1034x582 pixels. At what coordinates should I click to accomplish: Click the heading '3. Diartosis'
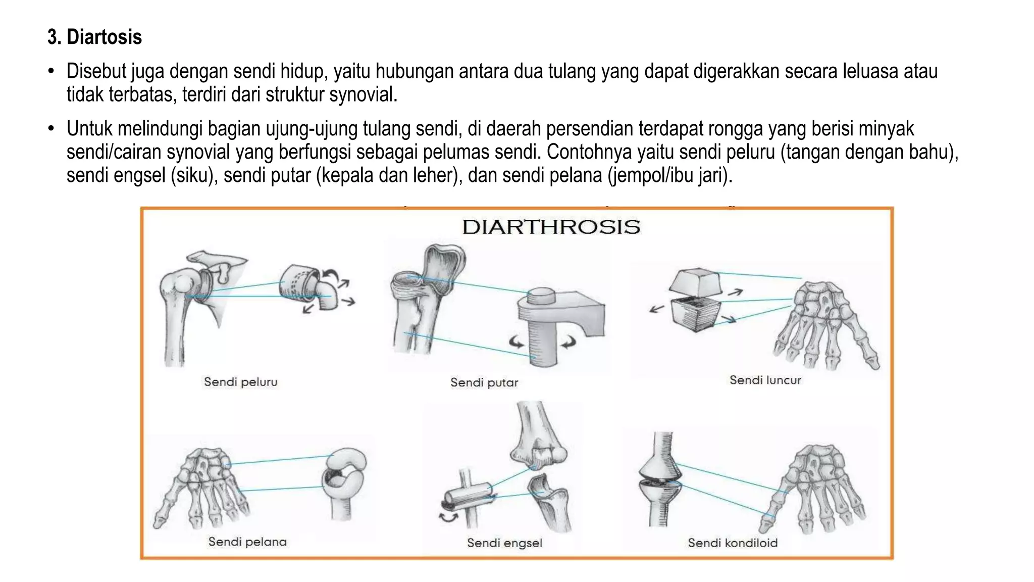click(x=94, y=37)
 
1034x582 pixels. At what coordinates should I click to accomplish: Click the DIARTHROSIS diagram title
click(x=551, y=227)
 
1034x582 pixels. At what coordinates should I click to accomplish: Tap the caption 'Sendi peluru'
click(x=240, y=382)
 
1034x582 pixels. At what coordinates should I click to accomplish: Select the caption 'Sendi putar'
click(x=484, y=382)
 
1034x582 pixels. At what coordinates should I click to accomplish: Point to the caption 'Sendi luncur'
click(x=765, y=380)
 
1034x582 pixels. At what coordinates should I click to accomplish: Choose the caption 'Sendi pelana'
click(x=247, y=542)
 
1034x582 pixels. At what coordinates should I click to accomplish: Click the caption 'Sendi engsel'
click(x=504, y=543)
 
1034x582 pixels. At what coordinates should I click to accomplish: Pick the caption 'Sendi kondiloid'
click(x=732, y=543)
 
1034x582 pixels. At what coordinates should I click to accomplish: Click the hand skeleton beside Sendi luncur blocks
click(x=825, y=323)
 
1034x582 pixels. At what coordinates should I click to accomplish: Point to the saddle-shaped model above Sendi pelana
click(x=344, y=480)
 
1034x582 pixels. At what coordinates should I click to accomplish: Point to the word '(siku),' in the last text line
click(x=193, y=175)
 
